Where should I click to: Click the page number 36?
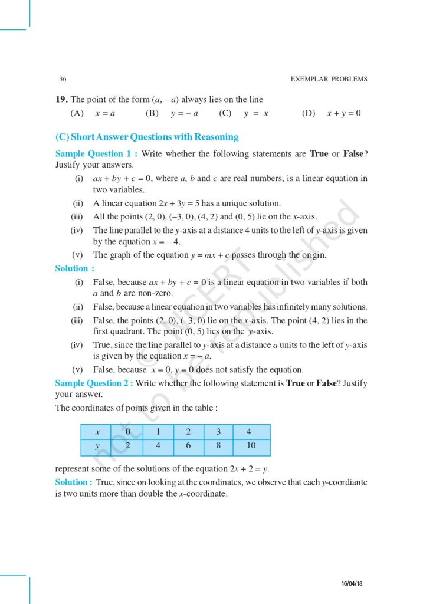coord(63,79)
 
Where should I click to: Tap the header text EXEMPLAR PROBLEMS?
coord(329,79)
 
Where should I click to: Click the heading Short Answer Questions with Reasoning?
coord(147,137)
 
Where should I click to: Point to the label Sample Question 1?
coord(93,153)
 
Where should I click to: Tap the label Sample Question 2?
coord(93,383)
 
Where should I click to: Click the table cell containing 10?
coord(251,446)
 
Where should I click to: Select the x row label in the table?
coord(97,431)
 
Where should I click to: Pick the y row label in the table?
coord(97,446)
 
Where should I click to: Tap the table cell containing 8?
coord(218,446)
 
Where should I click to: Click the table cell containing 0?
coord(127,431)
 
